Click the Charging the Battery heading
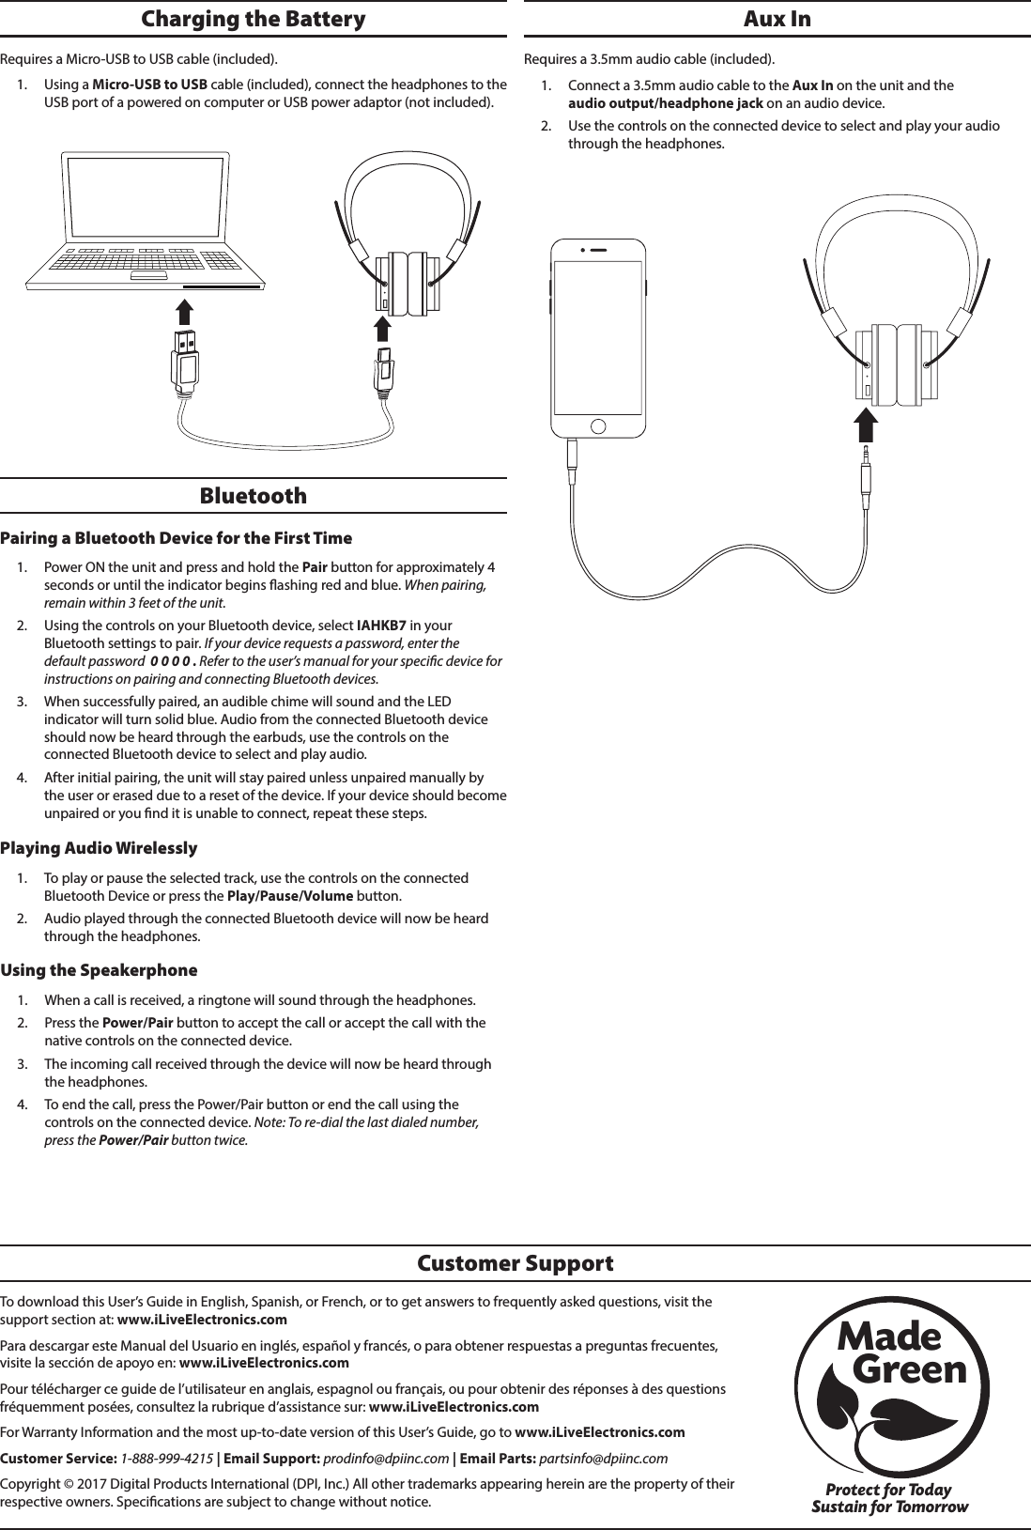253,19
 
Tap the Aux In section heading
777,19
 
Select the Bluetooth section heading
253,496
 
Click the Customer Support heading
515,1263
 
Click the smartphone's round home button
597,425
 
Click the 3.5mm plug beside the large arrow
865,470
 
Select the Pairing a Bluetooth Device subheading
176,538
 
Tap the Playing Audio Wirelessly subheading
99,848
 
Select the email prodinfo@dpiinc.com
392,1458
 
